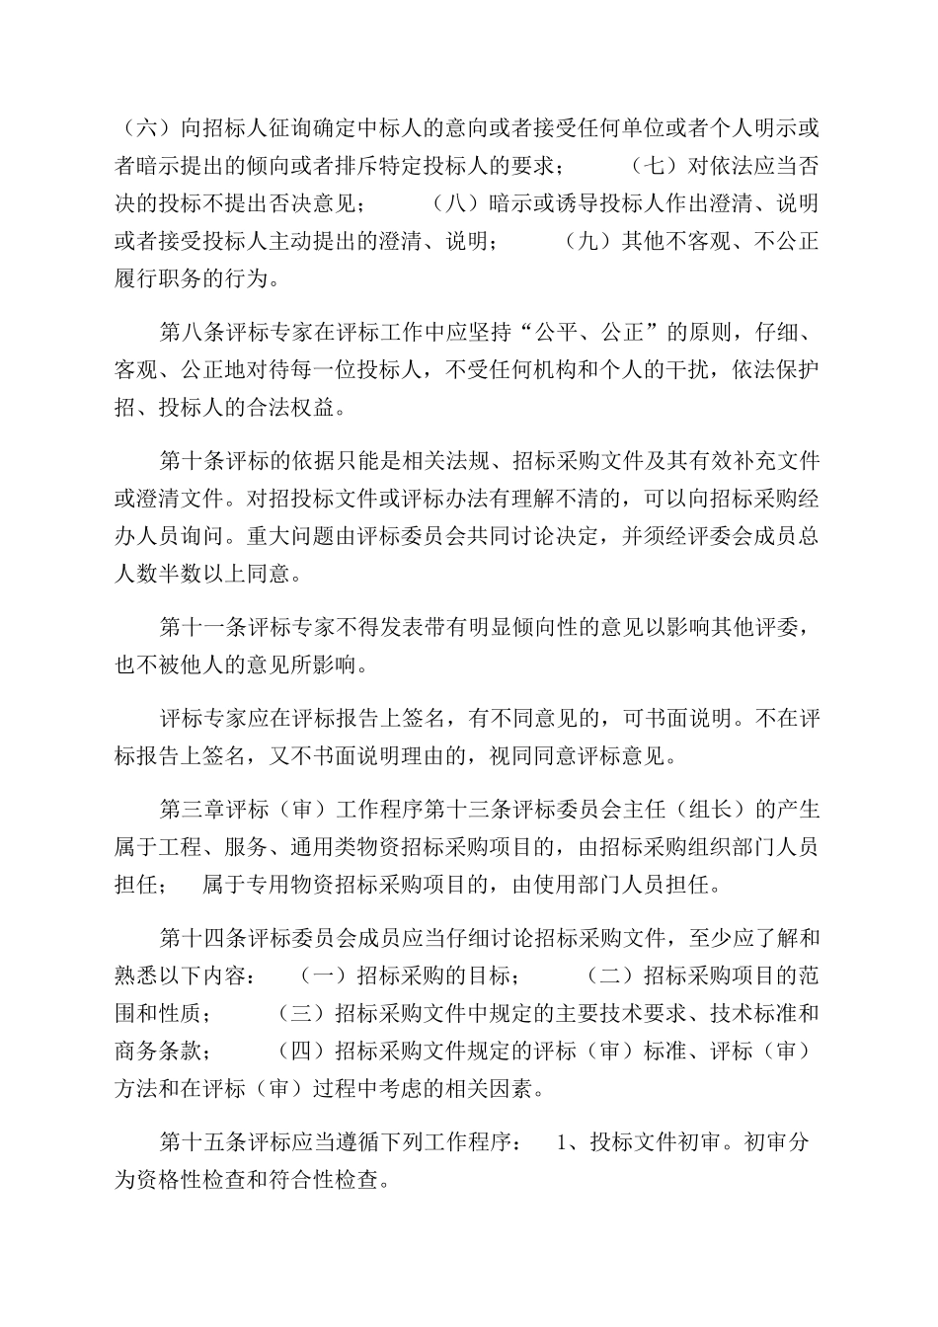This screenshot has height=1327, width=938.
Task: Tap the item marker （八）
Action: (451, 203)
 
